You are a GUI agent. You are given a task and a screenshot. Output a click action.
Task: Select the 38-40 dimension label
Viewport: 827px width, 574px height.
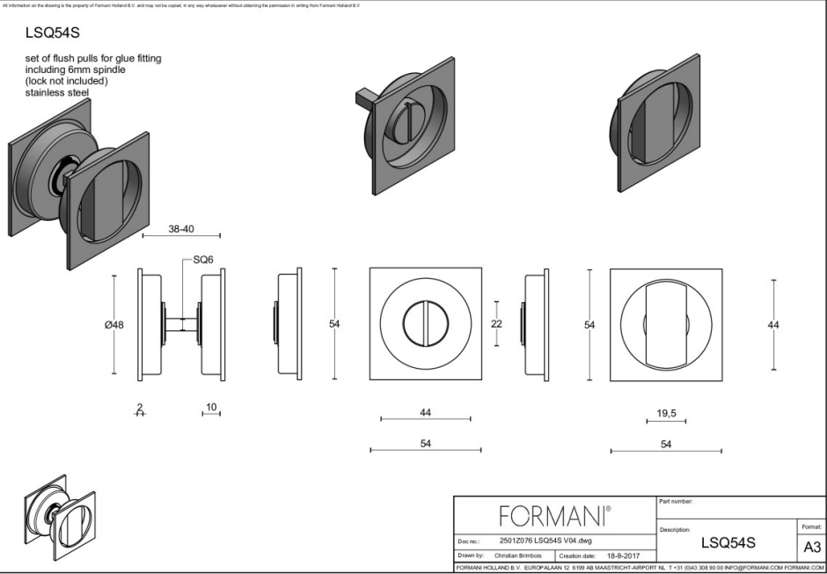(180, 229)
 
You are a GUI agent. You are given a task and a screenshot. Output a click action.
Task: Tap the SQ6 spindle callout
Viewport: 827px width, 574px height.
(203, 261)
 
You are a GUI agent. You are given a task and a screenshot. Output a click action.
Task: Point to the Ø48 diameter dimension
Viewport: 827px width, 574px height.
(113, 325)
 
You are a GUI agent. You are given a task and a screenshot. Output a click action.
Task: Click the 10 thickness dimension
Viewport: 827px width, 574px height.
(210, 408)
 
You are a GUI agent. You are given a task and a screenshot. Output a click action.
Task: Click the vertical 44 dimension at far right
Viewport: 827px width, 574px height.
(772, 325)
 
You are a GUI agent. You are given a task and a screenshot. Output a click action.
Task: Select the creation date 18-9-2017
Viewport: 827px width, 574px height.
(623, 556)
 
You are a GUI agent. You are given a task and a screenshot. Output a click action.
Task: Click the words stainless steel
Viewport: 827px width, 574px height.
(61, 92)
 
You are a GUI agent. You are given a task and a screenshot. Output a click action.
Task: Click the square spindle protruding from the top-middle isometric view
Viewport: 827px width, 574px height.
(363, 98)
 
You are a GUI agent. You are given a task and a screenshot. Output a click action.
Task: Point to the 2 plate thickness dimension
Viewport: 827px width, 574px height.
(139, 408)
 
